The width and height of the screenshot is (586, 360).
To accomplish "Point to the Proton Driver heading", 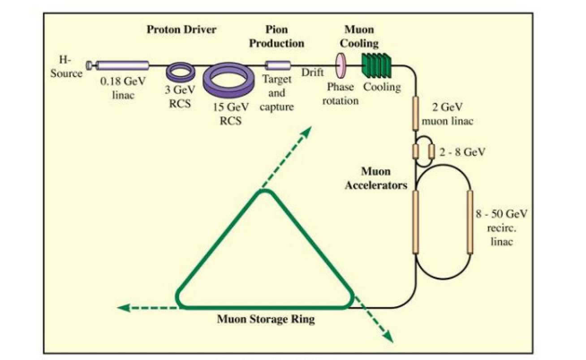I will click(x=181, y=30).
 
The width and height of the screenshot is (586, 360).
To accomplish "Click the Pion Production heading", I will click(x=276, y=37).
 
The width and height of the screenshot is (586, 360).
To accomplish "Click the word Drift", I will click(x=312, y=72).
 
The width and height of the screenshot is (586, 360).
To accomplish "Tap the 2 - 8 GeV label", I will click(x=462, y=152).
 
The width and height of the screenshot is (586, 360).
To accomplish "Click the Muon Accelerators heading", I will click(x=375, y=178).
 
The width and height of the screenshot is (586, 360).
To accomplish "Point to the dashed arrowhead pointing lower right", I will click(x=389, y=338).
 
